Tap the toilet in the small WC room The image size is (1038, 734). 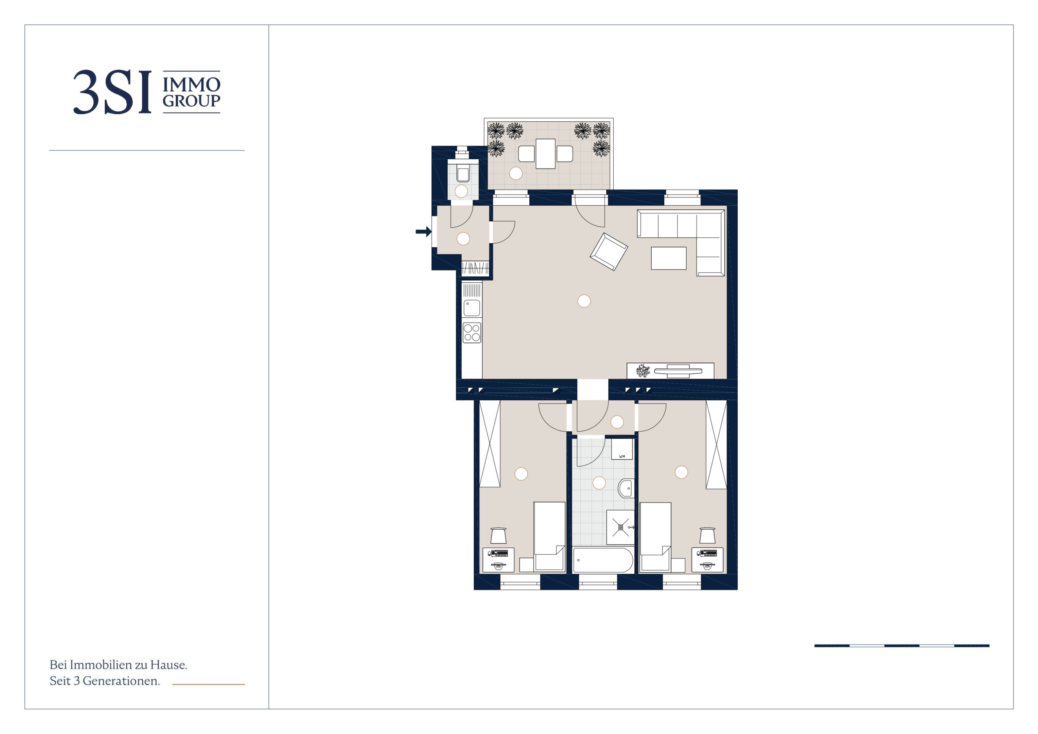click(462, 173)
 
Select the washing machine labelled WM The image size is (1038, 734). click(622, 449)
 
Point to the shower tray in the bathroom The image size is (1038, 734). click(620, 527)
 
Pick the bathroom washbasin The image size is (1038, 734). click(626, 488)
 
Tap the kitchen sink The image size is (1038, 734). click(472, 308)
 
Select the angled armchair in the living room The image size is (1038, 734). click(609, 252)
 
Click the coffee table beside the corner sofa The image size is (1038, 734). click(669, 258)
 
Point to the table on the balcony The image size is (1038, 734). click(546, 154)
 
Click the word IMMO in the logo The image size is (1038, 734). click(191, 85)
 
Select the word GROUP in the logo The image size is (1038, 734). click(191, 101)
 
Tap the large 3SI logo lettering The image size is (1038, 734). click(112, 92)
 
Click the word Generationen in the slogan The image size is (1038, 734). click(121, 681)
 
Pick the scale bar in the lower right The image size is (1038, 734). click(901, 646)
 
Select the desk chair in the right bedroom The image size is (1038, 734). click(707, 536)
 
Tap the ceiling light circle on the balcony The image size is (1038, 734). click(516, 173)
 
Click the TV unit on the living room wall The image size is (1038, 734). click(670, 371)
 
